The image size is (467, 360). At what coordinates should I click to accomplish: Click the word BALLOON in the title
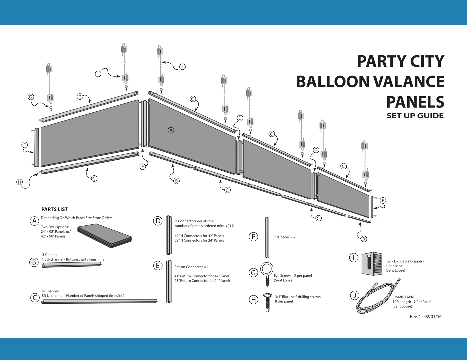pos(332,82)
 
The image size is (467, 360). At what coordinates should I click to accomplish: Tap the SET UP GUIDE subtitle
pos(415,116)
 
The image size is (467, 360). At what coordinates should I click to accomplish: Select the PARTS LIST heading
pos(54,209)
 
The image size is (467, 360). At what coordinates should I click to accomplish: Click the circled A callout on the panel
pos(171,130)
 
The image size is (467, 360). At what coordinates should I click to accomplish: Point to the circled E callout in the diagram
pos(143,167)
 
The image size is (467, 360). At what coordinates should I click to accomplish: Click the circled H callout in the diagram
pos(20,182)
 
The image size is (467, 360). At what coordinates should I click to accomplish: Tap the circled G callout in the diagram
pos(31,97)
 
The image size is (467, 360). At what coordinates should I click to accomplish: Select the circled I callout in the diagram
pos(98,74)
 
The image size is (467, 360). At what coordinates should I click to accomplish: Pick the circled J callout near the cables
pos(182,67)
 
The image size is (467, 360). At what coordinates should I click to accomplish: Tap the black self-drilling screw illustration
pos(267,302)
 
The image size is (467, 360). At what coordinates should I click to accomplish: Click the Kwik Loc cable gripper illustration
pos(372,264)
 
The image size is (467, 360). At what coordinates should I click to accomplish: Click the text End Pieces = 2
pos(284,237)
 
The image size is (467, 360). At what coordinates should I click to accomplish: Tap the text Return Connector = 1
pos(191,267)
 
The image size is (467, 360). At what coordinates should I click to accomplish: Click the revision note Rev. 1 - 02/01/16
pos(426,317)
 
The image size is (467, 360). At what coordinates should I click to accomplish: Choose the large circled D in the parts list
pos(158,221)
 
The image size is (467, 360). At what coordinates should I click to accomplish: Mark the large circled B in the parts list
pos(34,262)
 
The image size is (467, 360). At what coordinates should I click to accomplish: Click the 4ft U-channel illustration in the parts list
pos(71,265)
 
